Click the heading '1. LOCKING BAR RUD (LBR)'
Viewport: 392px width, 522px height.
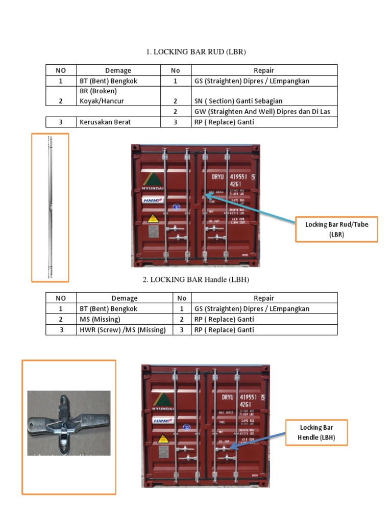coord(197,52)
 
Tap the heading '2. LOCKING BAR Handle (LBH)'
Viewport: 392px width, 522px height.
coord(195,280)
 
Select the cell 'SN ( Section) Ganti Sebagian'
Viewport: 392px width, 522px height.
coord(238,101)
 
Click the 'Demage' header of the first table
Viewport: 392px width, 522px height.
coord(118,70)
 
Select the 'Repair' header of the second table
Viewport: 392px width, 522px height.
coord(263,298)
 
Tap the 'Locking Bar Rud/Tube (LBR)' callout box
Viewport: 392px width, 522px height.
coord(336,229)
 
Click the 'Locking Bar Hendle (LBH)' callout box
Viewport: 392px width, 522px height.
coord(316,432)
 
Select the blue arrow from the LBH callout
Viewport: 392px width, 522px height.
coord(258,439)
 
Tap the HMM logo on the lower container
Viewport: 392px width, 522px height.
coord(161,421)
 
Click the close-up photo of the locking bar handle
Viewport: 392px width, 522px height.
coord(68,423)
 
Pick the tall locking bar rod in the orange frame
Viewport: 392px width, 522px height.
coord(50,207)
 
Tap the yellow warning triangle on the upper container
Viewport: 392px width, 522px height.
coord(152,218)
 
